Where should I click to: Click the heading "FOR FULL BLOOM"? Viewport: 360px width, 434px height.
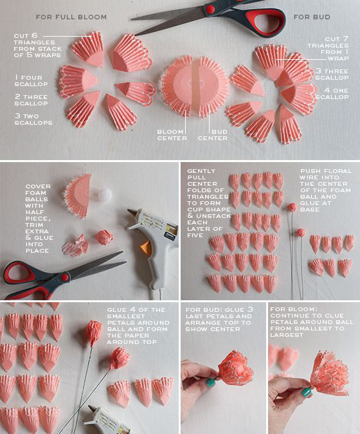[x=71, y=17]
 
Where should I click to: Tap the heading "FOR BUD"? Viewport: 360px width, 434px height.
[x=312, y=17]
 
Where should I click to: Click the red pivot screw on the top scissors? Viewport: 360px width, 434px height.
[x=211, y=9]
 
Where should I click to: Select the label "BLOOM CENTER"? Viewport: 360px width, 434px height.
[x=172, y=135]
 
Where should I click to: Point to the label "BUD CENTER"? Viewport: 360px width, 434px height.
[x=213, y=135]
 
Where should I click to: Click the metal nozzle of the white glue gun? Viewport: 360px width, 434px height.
[x=132, y=213]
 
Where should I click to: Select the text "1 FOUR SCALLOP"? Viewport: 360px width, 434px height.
[x=31, y=81]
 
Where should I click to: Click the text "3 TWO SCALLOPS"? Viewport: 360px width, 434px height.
[x=33, y=120]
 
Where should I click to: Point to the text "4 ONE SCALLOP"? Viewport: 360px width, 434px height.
[x=332, y=94]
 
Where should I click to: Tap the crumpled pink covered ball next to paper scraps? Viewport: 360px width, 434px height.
[x=104, y=237]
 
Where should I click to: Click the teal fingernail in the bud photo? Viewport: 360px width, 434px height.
[x=211, y=383]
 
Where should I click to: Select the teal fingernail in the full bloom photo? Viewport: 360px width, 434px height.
[x=306, y=392]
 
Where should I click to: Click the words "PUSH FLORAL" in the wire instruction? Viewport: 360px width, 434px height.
[x=326, y=171]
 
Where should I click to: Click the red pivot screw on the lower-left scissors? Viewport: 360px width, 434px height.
[x=65, y=276]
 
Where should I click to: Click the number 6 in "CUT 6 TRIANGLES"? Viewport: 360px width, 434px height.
[x=34, y=36]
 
